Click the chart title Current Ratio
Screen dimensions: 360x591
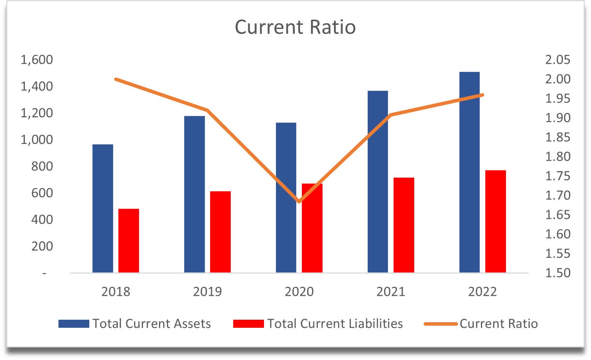click(295, 27)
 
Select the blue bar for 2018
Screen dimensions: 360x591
click(103, 208)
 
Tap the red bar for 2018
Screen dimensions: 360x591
click(128, 241)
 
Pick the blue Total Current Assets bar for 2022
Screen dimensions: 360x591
click(469, 172)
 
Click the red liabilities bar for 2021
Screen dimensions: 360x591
click(404, 225)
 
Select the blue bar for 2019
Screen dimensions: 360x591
click(194, 194)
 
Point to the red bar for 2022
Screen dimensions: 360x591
click(495, 221)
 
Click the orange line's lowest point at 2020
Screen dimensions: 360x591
click(299, 202)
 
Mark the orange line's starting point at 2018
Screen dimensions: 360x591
click(116, 79)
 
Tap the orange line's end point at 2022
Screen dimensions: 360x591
click(482, 95)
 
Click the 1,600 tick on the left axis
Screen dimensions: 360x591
click(37, 60)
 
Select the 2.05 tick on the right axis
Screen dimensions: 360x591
click(557, 60)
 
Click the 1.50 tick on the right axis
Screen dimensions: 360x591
click(557, 273)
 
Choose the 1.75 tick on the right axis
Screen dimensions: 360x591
click(557, 176)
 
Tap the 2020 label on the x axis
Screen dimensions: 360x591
click(299, 292)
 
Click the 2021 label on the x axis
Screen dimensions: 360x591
click(391, 292)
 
